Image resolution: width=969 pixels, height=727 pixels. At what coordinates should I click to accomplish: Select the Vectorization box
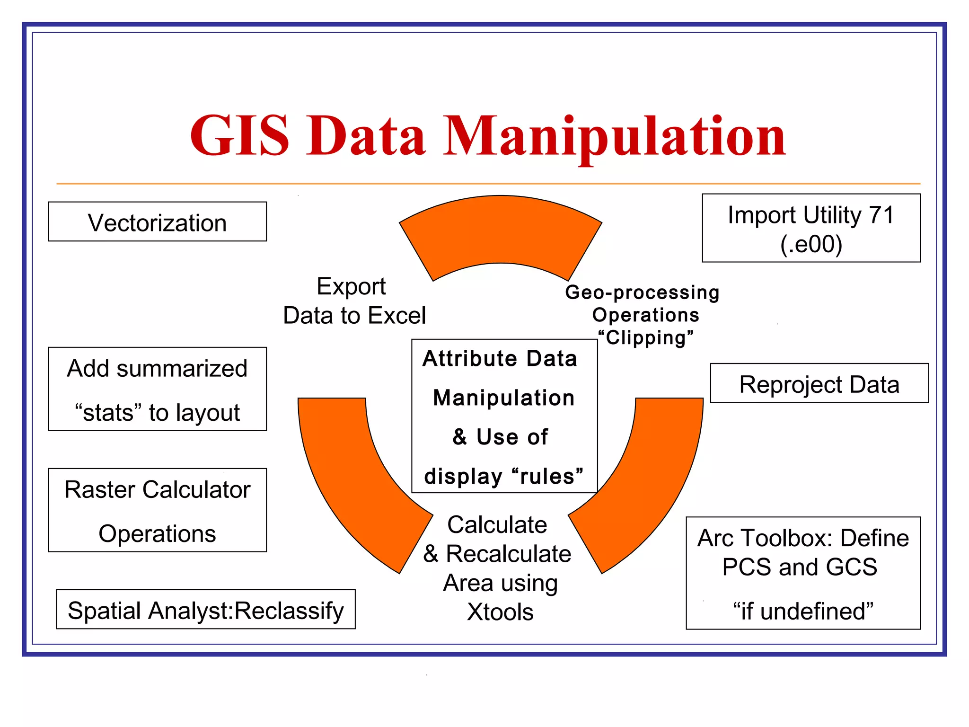click(x=157, y=222)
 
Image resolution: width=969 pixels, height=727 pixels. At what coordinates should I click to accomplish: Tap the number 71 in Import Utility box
click(x=881, y=215)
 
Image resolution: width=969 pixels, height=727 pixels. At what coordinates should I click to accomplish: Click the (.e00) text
click(x=811, y=244)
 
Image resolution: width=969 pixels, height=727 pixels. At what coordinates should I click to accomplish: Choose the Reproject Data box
click(x=819, y=384)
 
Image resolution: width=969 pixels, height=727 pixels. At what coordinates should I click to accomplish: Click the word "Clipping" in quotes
click(x=646, y=338)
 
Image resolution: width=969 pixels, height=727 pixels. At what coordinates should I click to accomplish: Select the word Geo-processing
click(x=642, y=292)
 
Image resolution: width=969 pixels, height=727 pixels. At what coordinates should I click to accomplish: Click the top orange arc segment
click(x=501, y=232)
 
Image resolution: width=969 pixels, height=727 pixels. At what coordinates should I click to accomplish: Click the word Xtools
click(x=500, y=612)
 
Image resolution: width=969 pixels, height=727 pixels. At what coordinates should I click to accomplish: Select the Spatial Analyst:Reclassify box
click(x=205, y=610)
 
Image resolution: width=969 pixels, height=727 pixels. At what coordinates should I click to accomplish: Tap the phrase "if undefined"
click(x=803, y=611)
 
